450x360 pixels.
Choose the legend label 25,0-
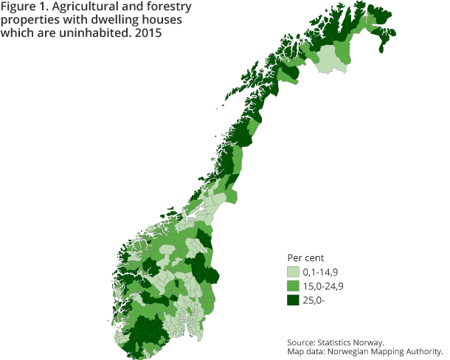(x=314, y=299)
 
